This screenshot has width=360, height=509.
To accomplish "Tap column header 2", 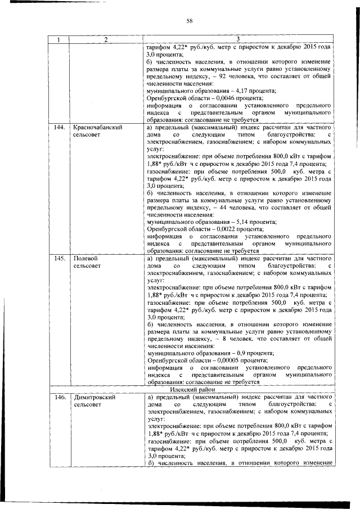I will tap(105, 39).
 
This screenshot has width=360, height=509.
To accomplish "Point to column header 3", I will tap(238, 39).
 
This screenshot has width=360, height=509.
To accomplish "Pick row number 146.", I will tap(57, 397).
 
